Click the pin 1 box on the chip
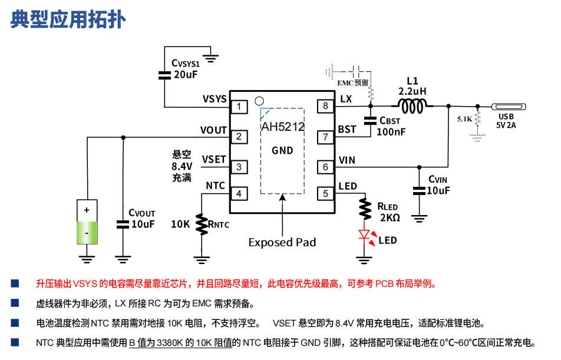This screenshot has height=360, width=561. pos(239,107)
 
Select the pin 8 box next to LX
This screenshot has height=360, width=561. pos(325,106)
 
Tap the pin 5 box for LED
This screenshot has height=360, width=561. pos(325,193)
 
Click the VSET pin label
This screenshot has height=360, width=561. pos(214,159)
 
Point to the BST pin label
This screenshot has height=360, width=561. pos(347,129)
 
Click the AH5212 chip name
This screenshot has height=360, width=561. pos(282,126)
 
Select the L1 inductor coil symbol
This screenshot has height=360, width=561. pos(413,106)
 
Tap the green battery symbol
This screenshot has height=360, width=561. pos(87,222)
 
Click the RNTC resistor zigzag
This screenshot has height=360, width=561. pos(202,224)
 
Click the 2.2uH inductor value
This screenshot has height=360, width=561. pos(412,92)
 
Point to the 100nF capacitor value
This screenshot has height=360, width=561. pos(391,132)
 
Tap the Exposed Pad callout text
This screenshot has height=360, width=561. pos(282,242)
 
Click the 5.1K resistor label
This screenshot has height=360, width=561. pos(464,119)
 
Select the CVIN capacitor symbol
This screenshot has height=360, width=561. pos(419,190)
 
